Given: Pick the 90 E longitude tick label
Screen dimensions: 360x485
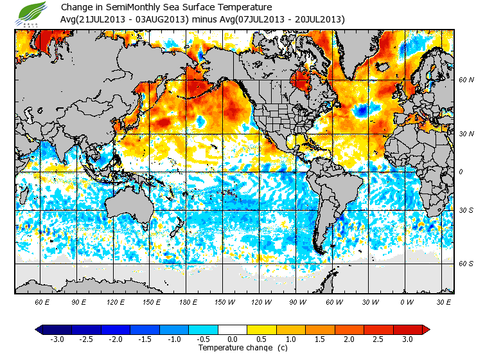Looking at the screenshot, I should click(x=79, y=302).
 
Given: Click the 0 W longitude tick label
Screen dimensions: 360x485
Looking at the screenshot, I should click(x=406, y=302).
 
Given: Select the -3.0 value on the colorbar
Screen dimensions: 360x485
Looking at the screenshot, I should click(x=57, y=339).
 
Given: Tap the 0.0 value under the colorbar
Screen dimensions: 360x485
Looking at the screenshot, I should click(x=233, y=339).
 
